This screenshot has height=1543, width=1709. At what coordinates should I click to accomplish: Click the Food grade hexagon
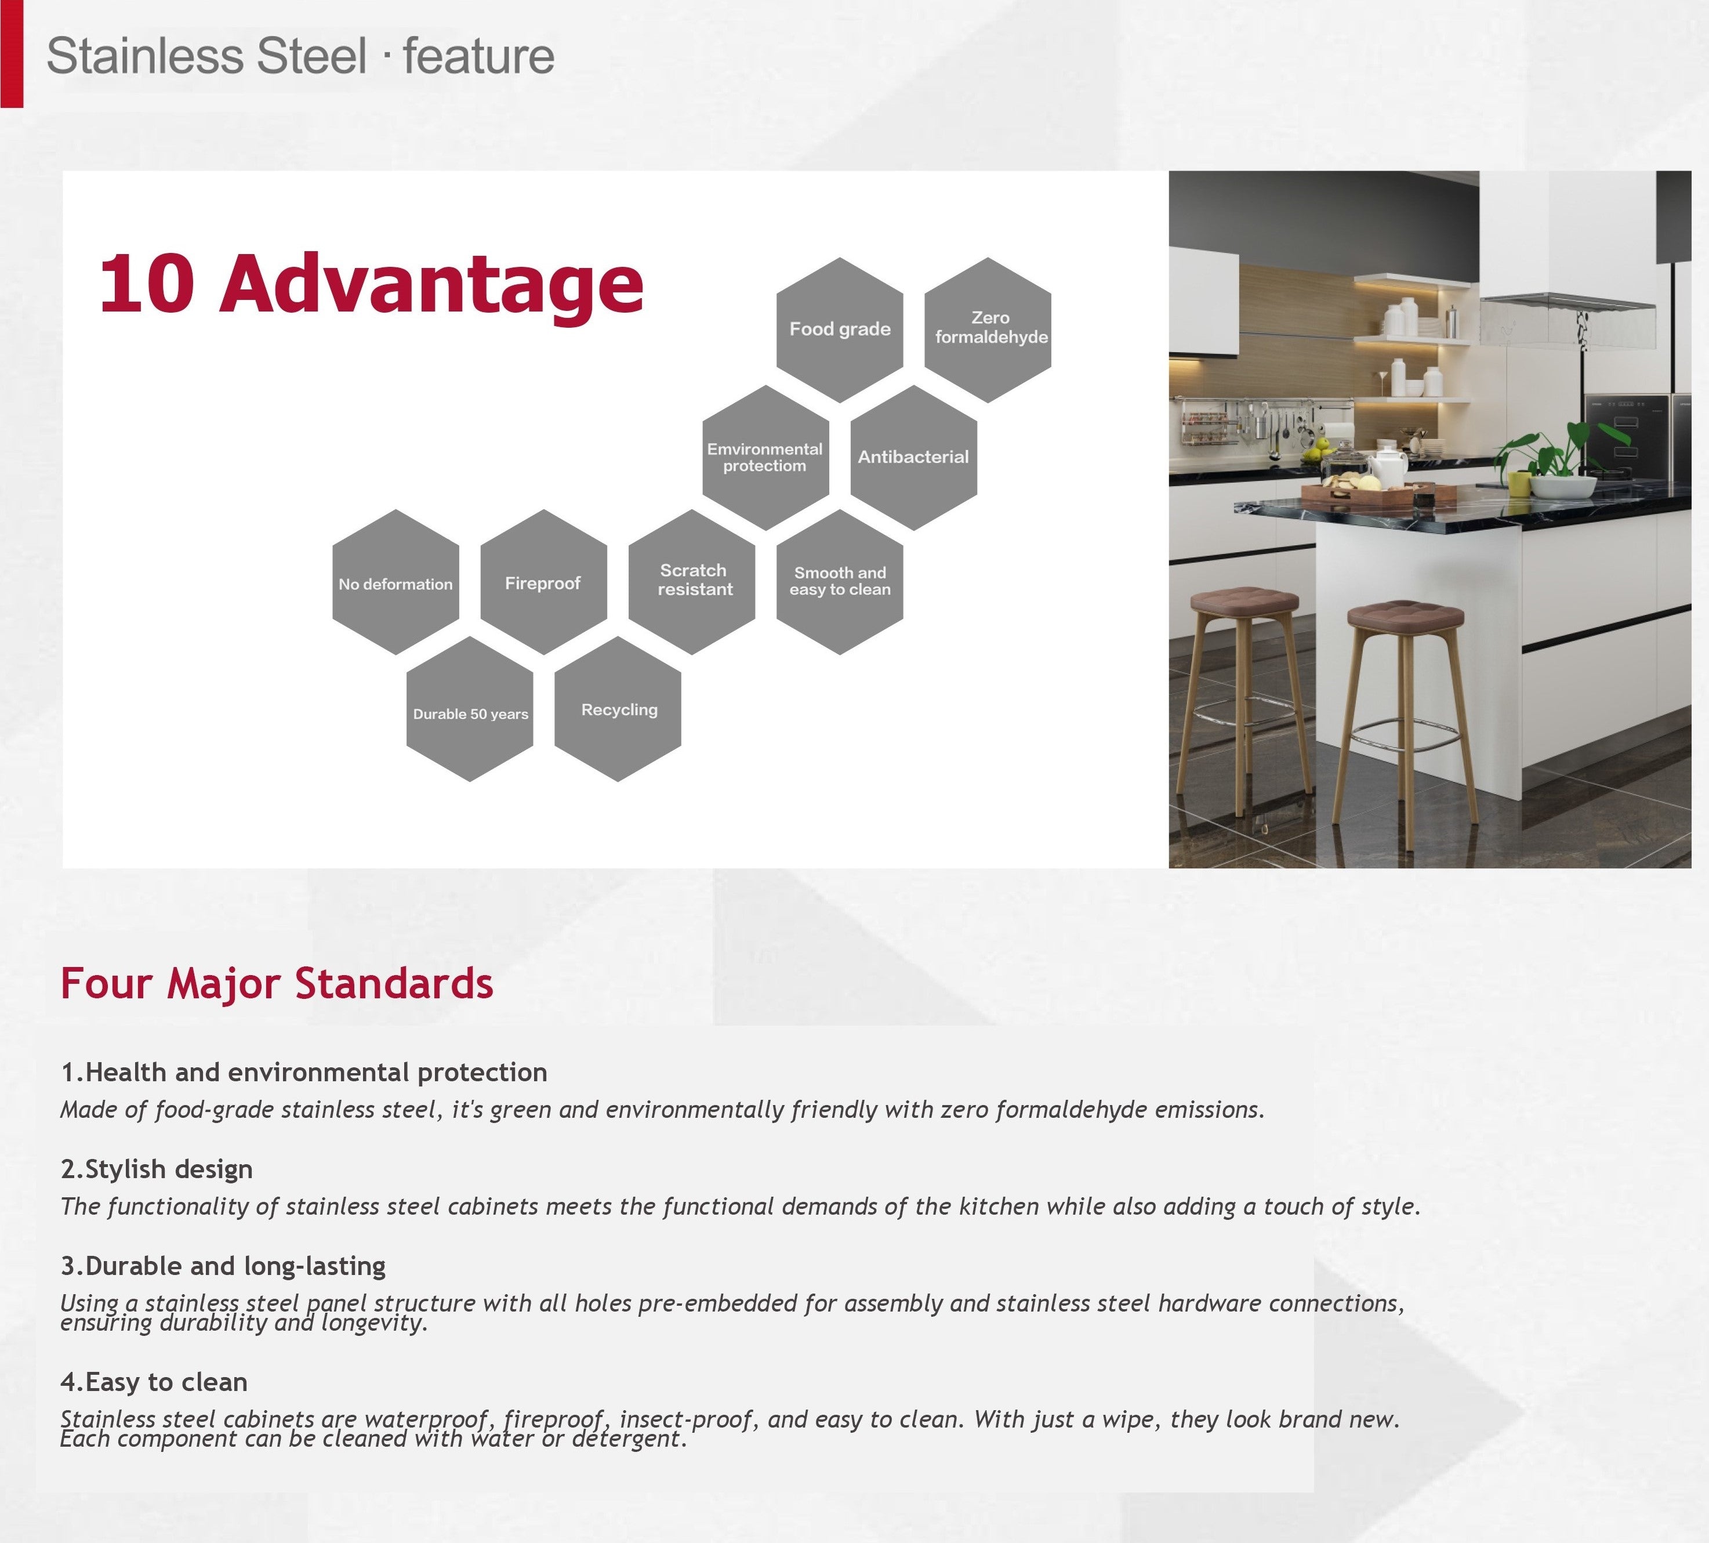point(839,330)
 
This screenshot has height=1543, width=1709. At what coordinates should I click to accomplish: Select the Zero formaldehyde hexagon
point(988,330)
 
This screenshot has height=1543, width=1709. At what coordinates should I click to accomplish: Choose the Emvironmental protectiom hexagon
point(765,458)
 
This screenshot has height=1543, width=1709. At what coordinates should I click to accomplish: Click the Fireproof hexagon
point(543,582)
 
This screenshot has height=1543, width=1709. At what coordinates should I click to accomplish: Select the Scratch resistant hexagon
point(692,582)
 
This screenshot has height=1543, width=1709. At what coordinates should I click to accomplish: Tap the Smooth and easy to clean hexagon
point(839,582)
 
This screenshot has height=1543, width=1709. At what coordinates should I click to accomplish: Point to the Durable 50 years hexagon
point(470,709)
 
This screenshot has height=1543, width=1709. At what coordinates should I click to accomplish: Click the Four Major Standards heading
point(277,983)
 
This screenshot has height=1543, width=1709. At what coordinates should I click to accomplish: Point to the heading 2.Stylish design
point(157,1169)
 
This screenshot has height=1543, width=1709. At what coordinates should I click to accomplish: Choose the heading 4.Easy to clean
point(154,1382)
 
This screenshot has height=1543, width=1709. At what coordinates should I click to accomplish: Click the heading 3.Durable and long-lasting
point(223,1266)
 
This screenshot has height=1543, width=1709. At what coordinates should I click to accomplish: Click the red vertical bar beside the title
point(12,53)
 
